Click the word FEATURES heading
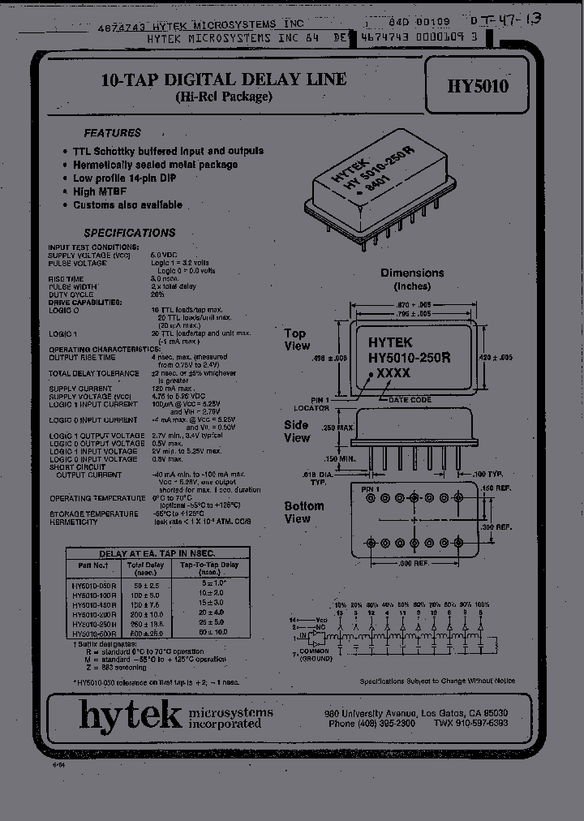click(113, 133)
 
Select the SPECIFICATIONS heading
click(130, 233)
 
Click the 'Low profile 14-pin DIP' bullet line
click(124, 178)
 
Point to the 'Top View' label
click(297, 340)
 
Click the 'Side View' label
click(297, 432)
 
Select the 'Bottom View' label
click(303, 512)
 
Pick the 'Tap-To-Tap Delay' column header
click(209, 565)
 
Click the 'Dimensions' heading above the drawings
click(412, 273)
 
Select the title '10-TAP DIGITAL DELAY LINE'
click(223, 80)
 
